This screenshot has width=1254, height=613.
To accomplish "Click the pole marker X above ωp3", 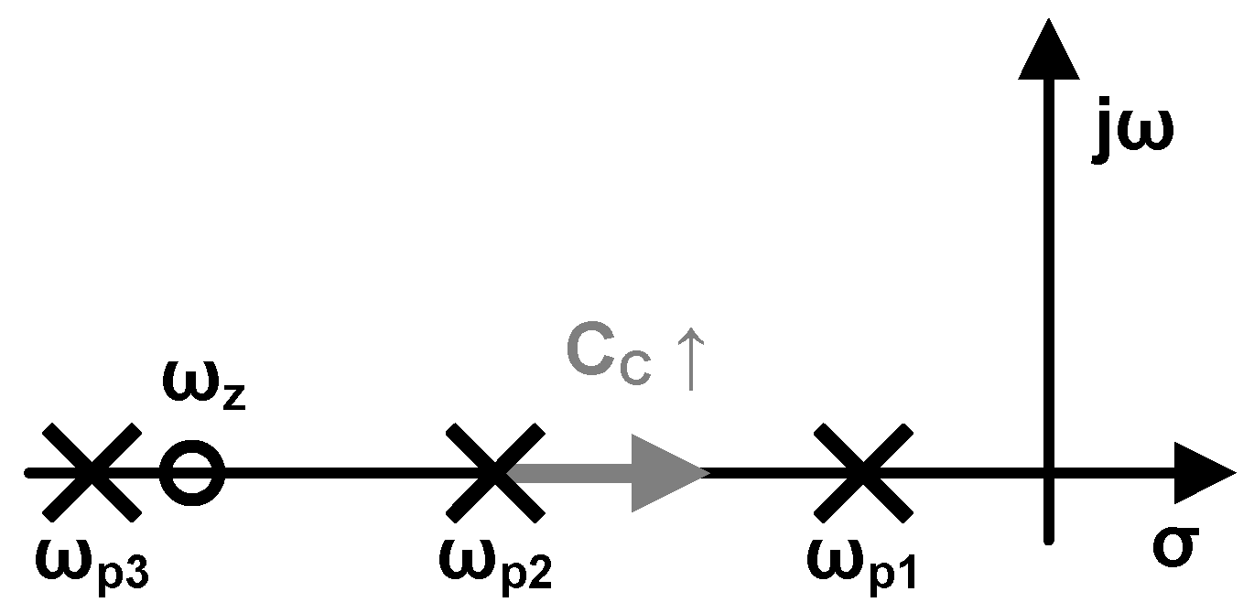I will [x=92, y=472].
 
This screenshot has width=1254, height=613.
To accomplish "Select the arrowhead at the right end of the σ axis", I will [x=1203, y=473].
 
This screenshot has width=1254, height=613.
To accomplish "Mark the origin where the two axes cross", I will [x=1049, y=473].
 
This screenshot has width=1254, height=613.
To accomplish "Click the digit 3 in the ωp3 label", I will [x=139, y=574].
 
